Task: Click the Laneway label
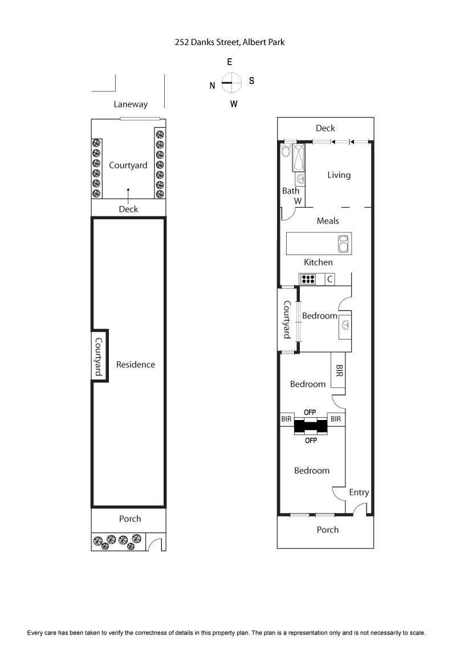[x=131, y=104]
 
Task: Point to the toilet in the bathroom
[x=286, y=152]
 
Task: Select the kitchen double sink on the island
[x=344, y=244]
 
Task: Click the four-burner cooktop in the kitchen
[x=308, y=280]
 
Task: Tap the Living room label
[x=339, y=175]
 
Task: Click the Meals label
[x=328, y=221]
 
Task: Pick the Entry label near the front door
[x=359, y=492]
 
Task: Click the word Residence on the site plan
[x=136, y=365]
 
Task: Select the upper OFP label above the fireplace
[x=310, y=412]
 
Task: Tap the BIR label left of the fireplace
[x=286, y=419]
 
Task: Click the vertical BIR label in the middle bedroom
[x=339, y=371]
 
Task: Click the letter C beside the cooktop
[x=329, y=280]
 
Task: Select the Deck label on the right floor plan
[x=325, y=128]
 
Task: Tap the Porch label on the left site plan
[x=130, y=519]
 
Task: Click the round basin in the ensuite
[x=345, y=325]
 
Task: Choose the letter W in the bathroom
[x=298, y=201]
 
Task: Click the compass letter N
[x=213, y=86]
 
